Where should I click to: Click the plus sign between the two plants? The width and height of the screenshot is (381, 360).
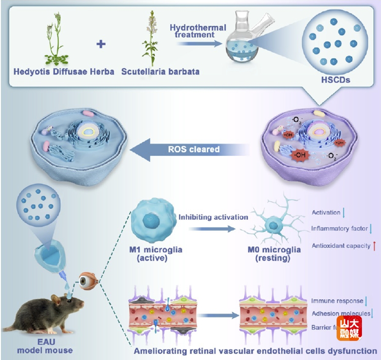[x=101, y=43]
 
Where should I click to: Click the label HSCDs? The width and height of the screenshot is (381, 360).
[x=336, y=79]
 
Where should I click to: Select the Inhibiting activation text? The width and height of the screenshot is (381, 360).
[x=213, y=217]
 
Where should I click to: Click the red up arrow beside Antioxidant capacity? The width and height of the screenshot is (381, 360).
[x=375, y=245]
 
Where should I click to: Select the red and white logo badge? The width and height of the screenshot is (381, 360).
[x=349, y=328]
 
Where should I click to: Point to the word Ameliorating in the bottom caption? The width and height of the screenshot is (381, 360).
[x=159, y=351]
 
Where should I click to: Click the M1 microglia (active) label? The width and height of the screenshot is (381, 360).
[x=156, y=253]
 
